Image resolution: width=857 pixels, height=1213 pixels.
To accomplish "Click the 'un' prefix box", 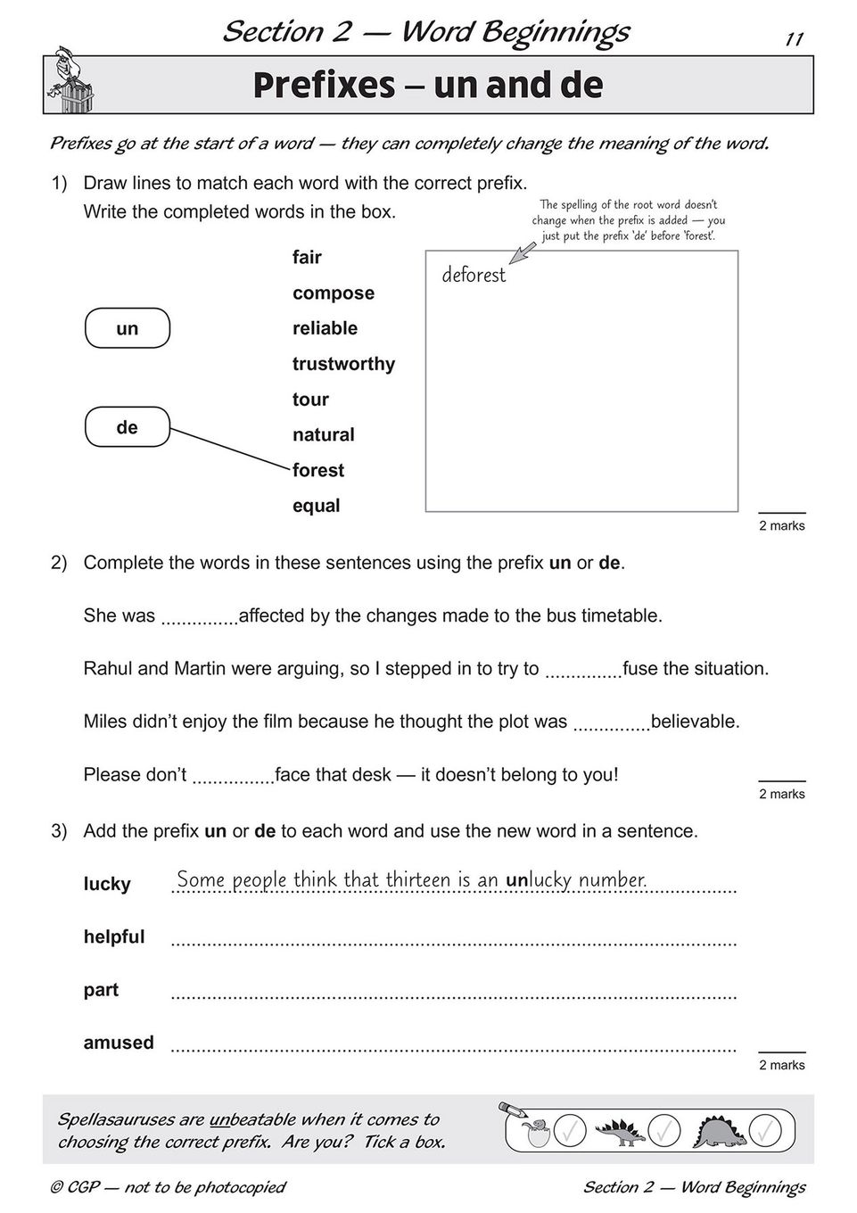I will (127, 328).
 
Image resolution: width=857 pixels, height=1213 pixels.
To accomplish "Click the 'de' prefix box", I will (127, 427).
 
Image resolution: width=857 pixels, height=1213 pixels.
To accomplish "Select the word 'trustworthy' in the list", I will (343, 364).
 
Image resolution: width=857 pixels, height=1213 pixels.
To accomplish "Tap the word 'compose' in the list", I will (333, 293).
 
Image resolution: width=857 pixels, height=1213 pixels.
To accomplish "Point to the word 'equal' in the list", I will (316, 506).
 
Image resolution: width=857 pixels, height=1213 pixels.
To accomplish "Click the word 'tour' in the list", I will (310, 400).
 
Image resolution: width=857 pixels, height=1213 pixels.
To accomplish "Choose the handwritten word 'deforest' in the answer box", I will (474, 275).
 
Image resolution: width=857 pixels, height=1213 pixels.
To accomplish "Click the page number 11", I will (794, 39).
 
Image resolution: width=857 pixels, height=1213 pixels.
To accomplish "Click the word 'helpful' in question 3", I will (113, 937).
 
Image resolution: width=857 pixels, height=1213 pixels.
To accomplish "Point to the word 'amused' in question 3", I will (119, 1043).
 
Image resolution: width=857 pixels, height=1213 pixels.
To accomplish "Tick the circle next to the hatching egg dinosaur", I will (570, 1132).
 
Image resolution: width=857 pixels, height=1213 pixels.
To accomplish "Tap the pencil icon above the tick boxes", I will (514, 1110).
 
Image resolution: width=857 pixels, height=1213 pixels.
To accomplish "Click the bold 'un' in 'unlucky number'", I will (517, 880).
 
